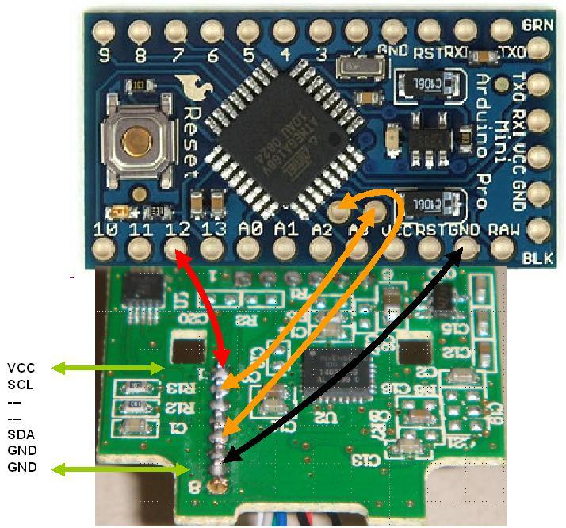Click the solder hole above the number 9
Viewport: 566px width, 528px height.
[x=103, y=32]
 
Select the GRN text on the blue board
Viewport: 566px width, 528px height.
[x=538, y=25]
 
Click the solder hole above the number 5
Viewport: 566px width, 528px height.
[x=247, y=32]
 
